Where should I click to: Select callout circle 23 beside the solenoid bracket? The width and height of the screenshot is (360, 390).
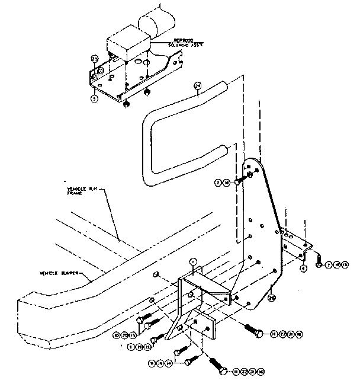click(x=94, y=59)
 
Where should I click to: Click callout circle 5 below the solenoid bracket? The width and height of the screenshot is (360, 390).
click(x=94, y=99)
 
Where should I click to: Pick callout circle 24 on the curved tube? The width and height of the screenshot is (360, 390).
click(x=198, y=87)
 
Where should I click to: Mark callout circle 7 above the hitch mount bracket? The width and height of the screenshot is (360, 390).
click(x=192, y=261)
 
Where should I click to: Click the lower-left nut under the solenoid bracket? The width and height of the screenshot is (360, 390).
click(x=126, y=105)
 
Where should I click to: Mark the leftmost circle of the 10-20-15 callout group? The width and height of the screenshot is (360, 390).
click(x=117, y=335)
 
